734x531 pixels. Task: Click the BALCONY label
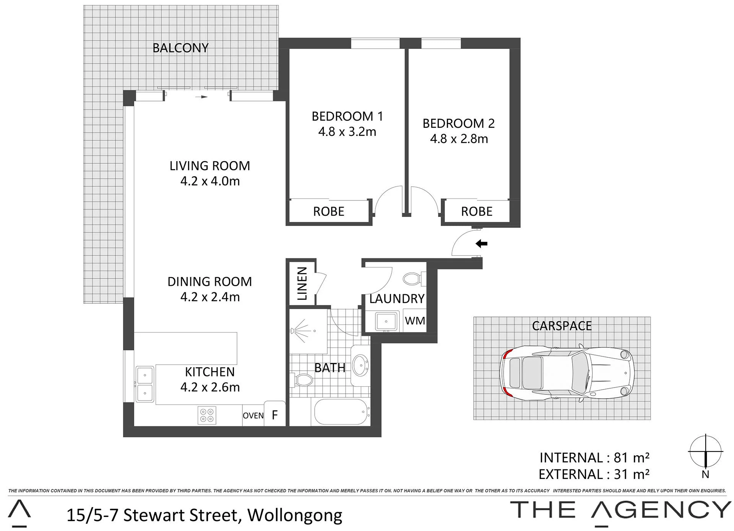[180, 48]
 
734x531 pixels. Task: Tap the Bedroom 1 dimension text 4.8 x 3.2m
[347, 132]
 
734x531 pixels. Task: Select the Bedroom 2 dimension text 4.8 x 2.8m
[459, 138]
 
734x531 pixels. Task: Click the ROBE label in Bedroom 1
[329, 212]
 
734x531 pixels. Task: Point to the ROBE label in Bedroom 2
[477, 212]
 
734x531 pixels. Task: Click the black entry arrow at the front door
[481, 243]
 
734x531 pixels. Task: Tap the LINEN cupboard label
[302, 283]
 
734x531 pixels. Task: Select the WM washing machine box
[415, 320]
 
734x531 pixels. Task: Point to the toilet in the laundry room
[414, 279]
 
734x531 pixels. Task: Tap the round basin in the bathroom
[360, 366]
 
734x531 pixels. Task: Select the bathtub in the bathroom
[342, 412]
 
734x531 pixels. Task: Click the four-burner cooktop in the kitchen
[207, 415]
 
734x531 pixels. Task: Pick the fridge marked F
[275, 414]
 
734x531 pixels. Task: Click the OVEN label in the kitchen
[253, 416]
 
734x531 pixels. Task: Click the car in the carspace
[567, 373]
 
